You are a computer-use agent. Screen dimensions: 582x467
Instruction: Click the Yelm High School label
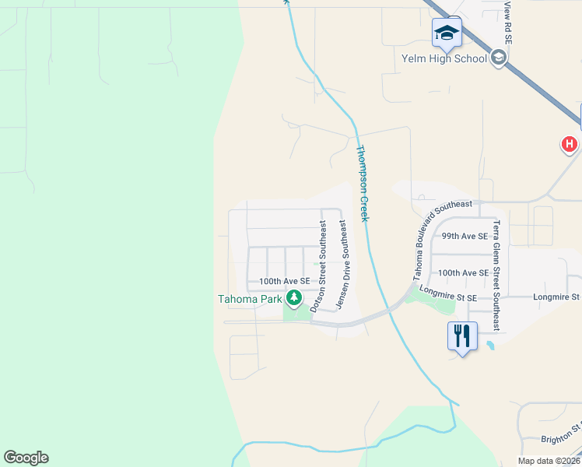[444, 58]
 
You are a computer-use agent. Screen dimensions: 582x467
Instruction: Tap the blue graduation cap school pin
[447, 33]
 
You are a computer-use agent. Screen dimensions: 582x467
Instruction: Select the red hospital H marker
[570, 144]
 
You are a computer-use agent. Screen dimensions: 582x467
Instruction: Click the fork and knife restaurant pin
[462, 336]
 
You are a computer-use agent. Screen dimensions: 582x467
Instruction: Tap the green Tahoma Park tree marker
[293, 297]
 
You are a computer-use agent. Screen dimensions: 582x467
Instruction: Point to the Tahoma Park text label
[249, 298]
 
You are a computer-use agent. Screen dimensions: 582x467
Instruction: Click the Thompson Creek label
[362, 183]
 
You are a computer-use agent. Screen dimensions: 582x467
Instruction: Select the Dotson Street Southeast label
[317, 265]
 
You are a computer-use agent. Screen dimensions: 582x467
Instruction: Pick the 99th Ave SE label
[465, 236]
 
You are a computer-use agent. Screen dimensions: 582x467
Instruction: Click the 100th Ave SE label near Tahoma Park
[284, 281]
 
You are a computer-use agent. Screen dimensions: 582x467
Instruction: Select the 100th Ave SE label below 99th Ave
[463, 273]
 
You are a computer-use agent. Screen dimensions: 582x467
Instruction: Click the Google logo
[26, 458]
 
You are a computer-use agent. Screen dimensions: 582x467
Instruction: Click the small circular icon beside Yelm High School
[499, 58]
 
